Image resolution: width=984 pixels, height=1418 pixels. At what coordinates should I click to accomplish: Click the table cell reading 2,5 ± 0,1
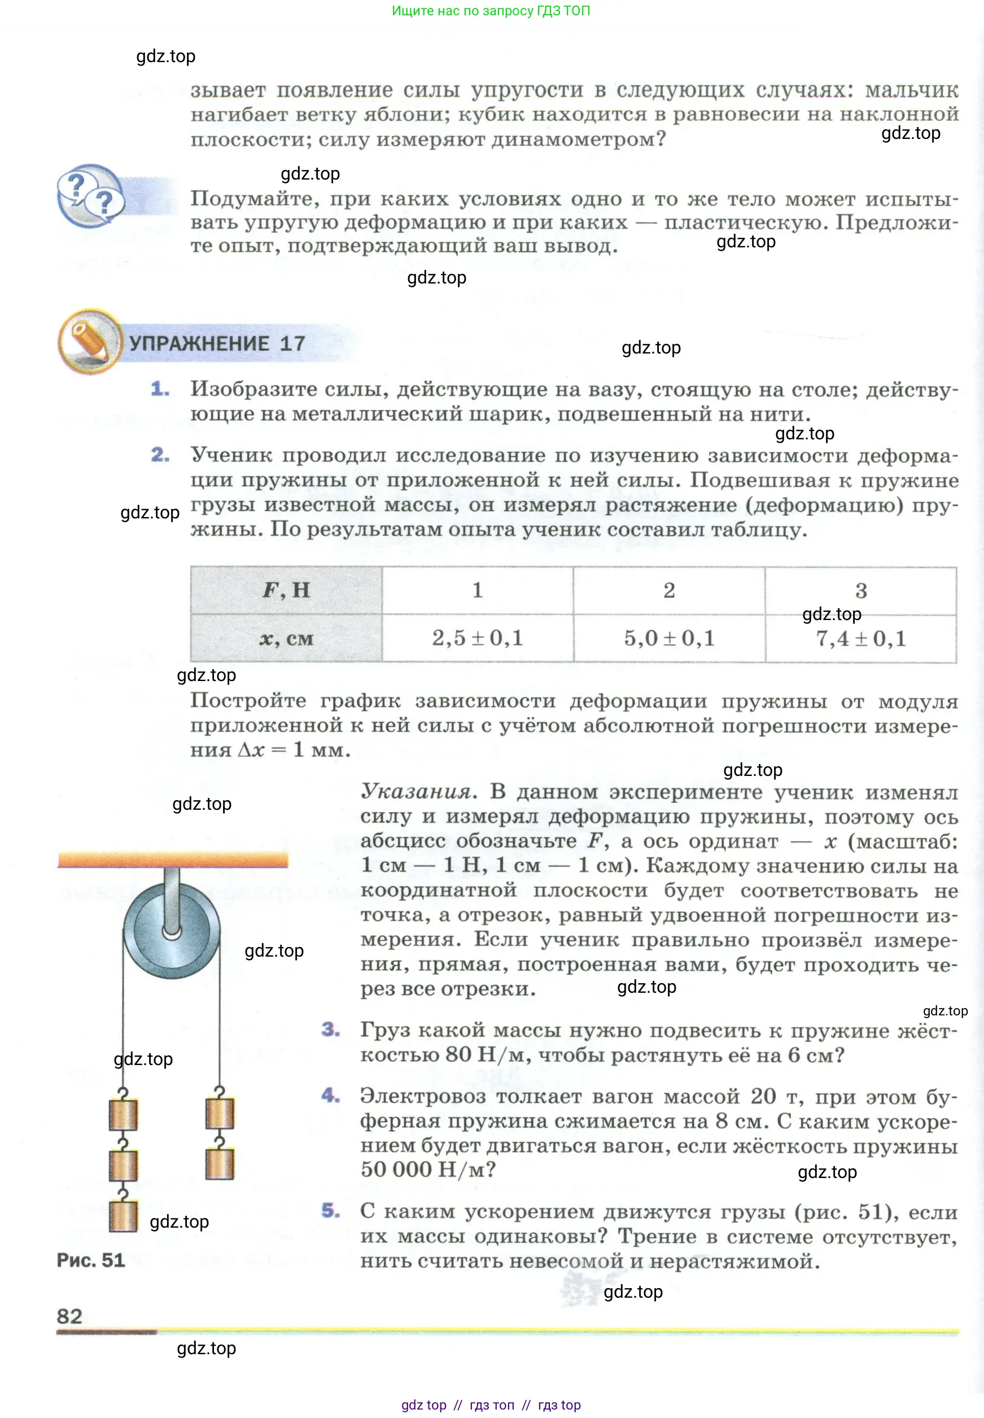(x=477, y=638)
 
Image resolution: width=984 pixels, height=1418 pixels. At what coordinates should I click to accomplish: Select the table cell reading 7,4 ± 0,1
(x=861, y=638)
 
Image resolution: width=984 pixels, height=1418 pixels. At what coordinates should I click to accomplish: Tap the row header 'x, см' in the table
(x=286, y=638)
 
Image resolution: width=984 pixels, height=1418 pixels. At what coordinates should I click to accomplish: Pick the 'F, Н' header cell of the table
(x=286, y=590)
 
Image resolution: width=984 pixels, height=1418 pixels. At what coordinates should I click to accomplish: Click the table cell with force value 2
(x=669, y=590)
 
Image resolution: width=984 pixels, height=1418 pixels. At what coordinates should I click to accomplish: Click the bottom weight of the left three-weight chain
(x=123, y=1216)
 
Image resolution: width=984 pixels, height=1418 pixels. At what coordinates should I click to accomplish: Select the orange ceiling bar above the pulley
(x=173, y=859)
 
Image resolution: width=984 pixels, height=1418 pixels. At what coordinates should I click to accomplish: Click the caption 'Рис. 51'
(x=91, y=1259)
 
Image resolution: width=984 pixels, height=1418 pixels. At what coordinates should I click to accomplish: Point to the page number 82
(x=69, y=1316)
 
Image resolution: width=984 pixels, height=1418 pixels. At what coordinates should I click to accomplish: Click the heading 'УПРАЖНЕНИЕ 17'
(x=217, y=343)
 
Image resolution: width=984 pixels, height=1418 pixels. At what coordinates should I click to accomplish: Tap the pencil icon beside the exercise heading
(x=90, y=341)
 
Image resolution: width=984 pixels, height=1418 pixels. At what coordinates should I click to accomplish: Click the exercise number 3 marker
(x=330, y=1029)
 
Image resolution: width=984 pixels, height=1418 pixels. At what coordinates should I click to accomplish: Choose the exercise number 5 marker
(x=330, y=1210)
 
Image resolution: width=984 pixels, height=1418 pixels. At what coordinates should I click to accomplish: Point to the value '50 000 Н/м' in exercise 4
(x=428, y=1170)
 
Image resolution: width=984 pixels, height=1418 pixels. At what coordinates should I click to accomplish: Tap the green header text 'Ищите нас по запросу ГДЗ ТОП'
(x=491, y=11)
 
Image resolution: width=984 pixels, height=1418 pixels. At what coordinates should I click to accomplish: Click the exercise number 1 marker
(x=160, y=389)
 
